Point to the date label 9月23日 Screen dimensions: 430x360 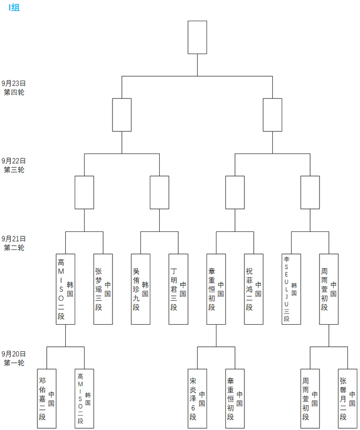14,83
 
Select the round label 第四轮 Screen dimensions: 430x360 14,92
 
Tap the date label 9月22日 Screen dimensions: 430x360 14,161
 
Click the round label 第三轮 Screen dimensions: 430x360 14,170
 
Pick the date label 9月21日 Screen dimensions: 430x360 14,239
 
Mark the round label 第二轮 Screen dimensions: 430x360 14,248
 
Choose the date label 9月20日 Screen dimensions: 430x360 14,354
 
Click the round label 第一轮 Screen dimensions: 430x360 14,363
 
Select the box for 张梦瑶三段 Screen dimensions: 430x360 103,289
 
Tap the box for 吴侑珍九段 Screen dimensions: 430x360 141,289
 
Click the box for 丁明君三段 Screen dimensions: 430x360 178,289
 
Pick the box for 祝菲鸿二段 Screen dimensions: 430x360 254,289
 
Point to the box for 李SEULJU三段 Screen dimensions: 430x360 291,289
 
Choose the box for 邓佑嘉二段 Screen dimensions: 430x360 47,398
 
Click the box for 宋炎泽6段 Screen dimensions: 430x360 197,398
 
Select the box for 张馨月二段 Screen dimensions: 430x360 347,398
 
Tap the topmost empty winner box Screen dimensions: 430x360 197,37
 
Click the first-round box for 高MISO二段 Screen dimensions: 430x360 84,398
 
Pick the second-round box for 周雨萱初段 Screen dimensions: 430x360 329,289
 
